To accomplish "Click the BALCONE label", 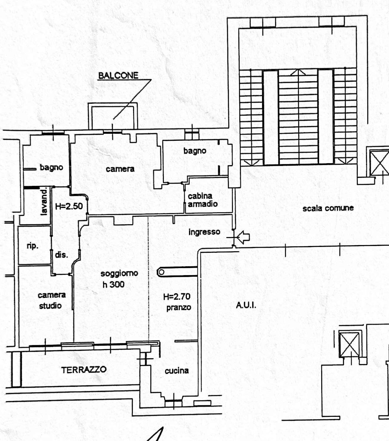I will pyautogui.click(x=118, y=75).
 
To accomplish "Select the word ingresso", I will pyautogui.click(x=204, y=232).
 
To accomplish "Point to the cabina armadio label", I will pyautogui.click(x=202, y=200).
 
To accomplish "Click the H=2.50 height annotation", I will pyautogui.click(x=69, y=206).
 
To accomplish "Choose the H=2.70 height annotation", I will pyautogui.click(x=177, y=296).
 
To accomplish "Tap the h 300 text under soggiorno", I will pyautogui.click(x=113, y=284).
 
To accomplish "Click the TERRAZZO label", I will pyautogui.click(x=84, y=369).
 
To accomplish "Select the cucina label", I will pyautogui.click(x=177, y=371).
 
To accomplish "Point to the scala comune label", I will pyautogui.click(x=328, y=208).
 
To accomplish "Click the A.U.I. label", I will pyautogui.click(x=246, y=305).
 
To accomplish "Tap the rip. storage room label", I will pyautogui.click(x=32, y=245).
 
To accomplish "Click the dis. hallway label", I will pyautogui.click(x=61, y=255).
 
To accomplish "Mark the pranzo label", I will pyautogui.click(x=179, y=308).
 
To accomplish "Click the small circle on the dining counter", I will pyautogui.click(x=161, y=272).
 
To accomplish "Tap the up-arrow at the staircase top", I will pyautogui.click(x=298, y=72).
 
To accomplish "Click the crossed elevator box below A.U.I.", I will pyautogui.click(x=349, y=344).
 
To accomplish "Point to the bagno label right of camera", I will pyautogui.click(x=195, y=151).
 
